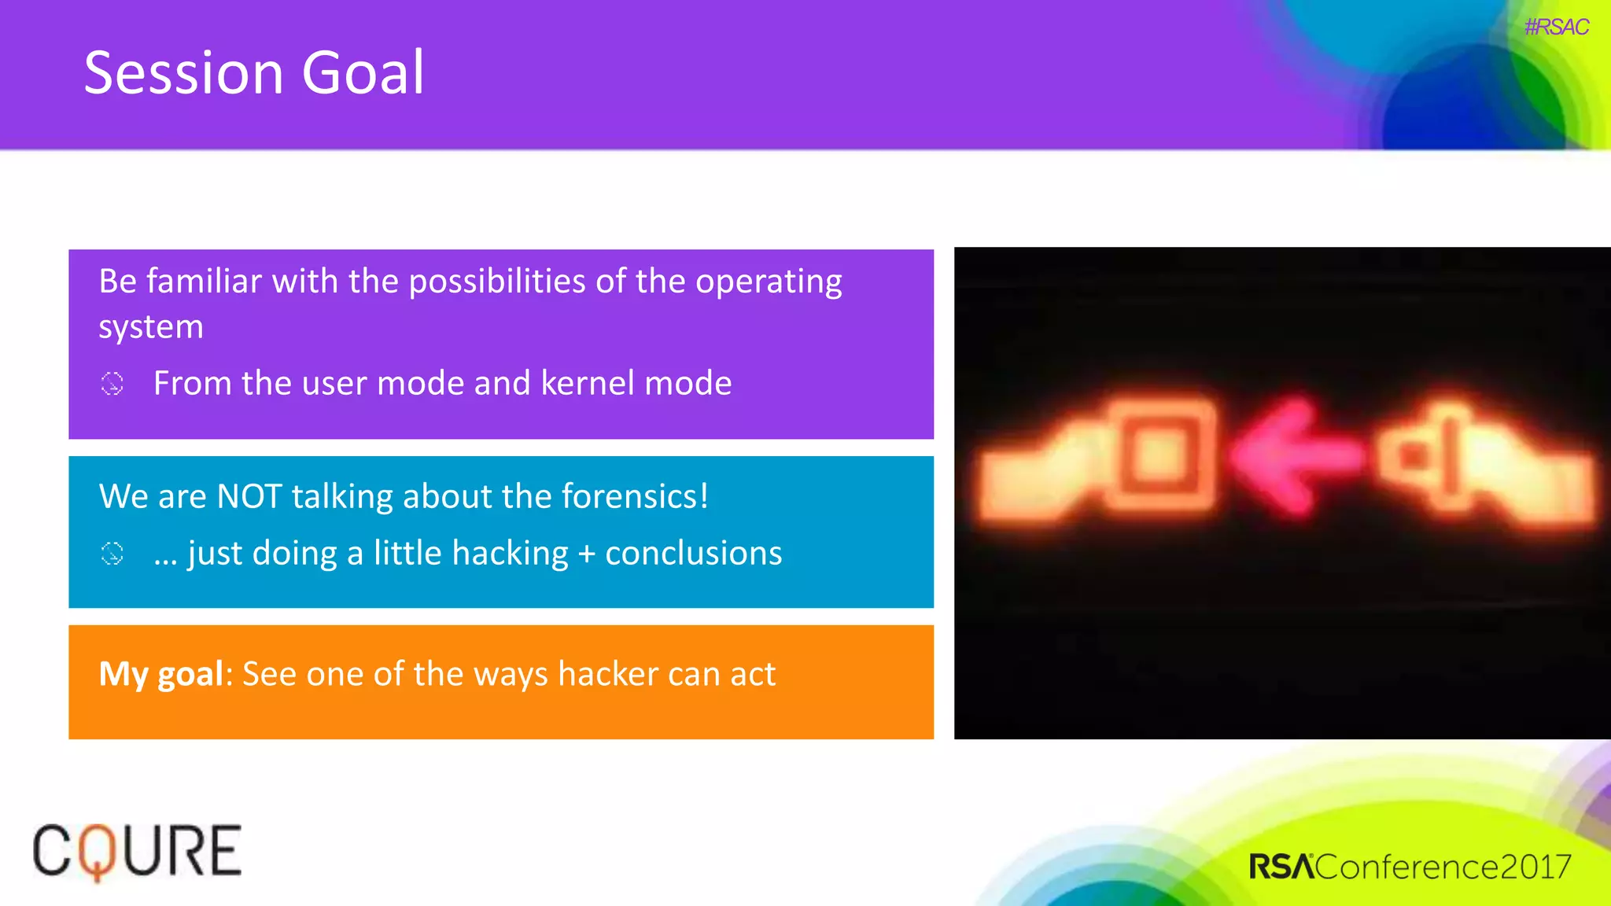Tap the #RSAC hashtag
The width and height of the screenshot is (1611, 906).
[x=1556, y=27]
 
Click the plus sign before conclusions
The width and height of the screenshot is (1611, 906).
[x=586, y=554]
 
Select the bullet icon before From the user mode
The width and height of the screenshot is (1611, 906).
[x=112, y=384]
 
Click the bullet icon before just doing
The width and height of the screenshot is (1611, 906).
[x=112, y=554]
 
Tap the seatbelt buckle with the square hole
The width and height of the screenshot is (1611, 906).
[x=1159, y=456]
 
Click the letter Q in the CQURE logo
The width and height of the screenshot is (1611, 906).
[x=96, y=852]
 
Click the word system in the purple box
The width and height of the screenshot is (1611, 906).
[x=151, y=327]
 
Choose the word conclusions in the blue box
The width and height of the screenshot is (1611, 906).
[x=693, y=554]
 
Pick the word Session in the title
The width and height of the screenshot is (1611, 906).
[x=183, y=72]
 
